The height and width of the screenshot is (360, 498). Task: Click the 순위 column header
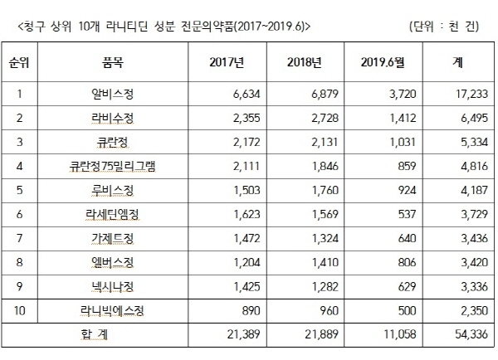(18, 62)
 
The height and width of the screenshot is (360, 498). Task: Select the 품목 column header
(114, 62)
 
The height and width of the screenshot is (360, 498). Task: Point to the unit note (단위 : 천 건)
(445, 26)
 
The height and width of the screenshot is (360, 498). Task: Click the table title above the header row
(163, 26)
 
